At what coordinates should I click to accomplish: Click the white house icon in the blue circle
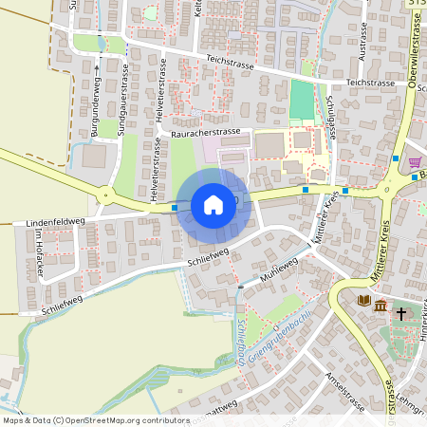pyautogui.click(x=213, y=204)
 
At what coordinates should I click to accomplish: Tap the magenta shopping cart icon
pyautogui.click(x=415, y=162)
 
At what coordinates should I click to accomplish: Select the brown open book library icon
pyautogui.click(x=363, y=301)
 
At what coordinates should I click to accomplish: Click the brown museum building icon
pyautogui.click(x=381, y=306)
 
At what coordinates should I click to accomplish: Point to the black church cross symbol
pyautogui.click(x=401, y=311)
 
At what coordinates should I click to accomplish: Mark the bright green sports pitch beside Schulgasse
pyautogui.click(x=302, y=100)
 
